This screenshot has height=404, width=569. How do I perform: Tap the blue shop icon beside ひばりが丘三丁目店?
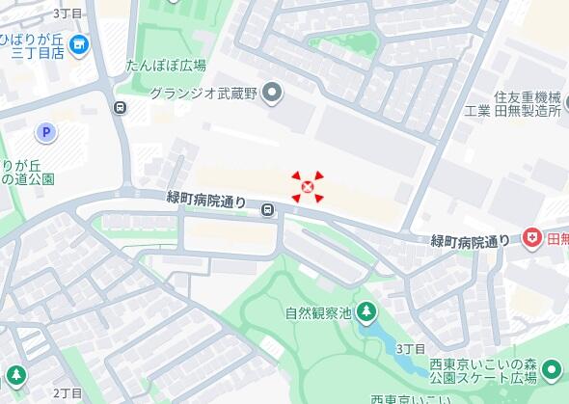pos(79,43)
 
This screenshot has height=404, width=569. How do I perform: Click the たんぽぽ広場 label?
pos(166,67)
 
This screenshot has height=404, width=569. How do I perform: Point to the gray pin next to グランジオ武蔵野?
pos(273,93)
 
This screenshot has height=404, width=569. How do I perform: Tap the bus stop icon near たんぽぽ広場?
pos(120,108)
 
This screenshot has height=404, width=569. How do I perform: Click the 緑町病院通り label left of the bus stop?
pos(207,200)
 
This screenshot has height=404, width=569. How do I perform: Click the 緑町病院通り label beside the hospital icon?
pos(470,240)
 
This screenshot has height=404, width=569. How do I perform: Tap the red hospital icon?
pos(531,238)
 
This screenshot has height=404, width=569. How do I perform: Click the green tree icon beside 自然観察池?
pos(366,310)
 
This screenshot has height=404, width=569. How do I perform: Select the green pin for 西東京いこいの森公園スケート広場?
pos(552,369)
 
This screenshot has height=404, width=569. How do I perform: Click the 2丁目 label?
pos(68,392)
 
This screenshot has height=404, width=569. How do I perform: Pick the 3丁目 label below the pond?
pos(410,347)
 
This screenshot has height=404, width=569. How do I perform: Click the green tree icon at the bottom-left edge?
pos(15,374)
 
